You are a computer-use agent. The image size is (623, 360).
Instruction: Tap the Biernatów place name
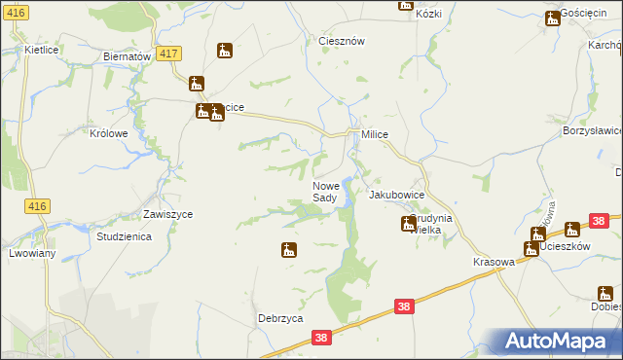(127, 56)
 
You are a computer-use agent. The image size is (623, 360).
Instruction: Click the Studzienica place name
(123, 236)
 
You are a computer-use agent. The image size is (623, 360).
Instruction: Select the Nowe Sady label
(325, 192)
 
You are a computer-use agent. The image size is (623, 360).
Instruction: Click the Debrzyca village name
(280, 318)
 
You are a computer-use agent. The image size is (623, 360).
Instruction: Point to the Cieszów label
(342, 41)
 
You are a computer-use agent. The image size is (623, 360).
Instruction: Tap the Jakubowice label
(396, 195)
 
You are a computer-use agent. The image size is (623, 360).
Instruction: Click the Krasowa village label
(493, 264)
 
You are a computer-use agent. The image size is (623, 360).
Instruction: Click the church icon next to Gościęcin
(552, 17)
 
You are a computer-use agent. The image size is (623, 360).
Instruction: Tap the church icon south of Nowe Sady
(289, 250)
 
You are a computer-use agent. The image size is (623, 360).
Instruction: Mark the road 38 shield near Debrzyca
(323, 338)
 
